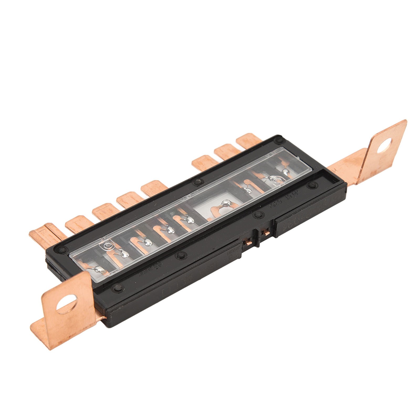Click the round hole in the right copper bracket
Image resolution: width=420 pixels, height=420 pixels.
coord(384,145)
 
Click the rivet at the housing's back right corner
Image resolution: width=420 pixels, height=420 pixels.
coord(279,141)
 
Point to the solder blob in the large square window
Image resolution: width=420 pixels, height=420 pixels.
coord(226,203)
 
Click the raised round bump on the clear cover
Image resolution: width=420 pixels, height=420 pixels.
coord(107,245)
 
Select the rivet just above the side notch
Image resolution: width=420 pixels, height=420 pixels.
coord(258,215)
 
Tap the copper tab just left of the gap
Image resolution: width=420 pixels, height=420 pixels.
coord(154,187)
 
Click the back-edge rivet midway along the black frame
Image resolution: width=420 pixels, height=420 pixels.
coord(197,181)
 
